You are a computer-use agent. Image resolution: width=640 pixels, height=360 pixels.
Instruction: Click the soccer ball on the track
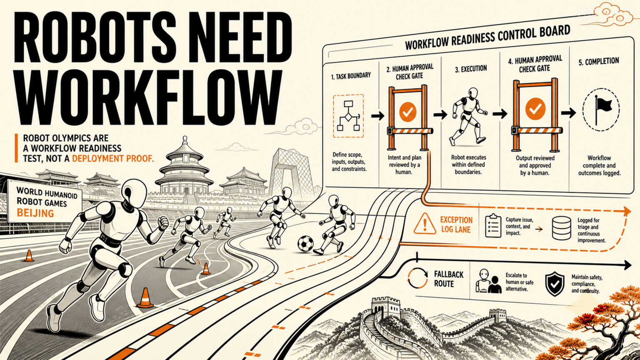pyautogui.click(x=305, y=244)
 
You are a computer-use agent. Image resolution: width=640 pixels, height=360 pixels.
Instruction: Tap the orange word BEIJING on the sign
pyautogui.click(x=35, y=213)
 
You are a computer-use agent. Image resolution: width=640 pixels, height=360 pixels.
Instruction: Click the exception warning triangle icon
pyautogui.click(x=425, y=224)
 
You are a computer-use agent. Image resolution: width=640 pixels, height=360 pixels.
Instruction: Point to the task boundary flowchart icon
pyautogui.click(x=348, y=116)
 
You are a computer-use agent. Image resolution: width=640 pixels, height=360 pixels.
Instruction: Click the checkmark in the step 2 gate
pyautogui.click(x=408, y=111)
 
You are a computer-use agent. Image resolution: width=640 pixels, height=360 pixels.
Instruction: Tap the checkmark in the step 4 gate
pyautogui.click(x=535, y=109)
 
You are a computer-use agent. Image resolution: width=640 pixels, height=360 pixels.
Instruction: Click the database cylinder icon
pyautogui.click(x=561, y=228)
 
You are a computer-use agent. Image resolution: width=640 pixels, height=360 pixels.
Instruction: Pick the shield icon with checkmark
pyautogui.click(x=555, y=284)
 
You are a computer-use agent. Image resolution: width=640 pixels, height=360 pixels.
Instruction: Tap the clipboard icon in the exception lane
pyautogui.click(x=493, y=226)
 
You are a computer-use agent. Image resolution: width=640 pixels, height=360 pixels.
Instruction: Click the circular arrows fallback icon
pyautogui.click(x=417, y=278)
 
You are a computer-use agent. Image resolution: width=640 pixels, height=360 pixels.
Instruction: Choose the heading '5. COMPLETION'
pyautogui.click(x=599, y=62)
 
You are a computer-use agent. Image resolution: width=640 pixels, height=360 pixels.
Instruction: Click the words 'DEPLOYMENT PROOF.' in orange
pyautogui.click(x=113, y=158)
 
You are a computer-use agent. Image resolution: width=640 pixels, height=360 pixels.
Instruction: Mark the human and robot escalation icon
pyautogui.click(x=489, y=281)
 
